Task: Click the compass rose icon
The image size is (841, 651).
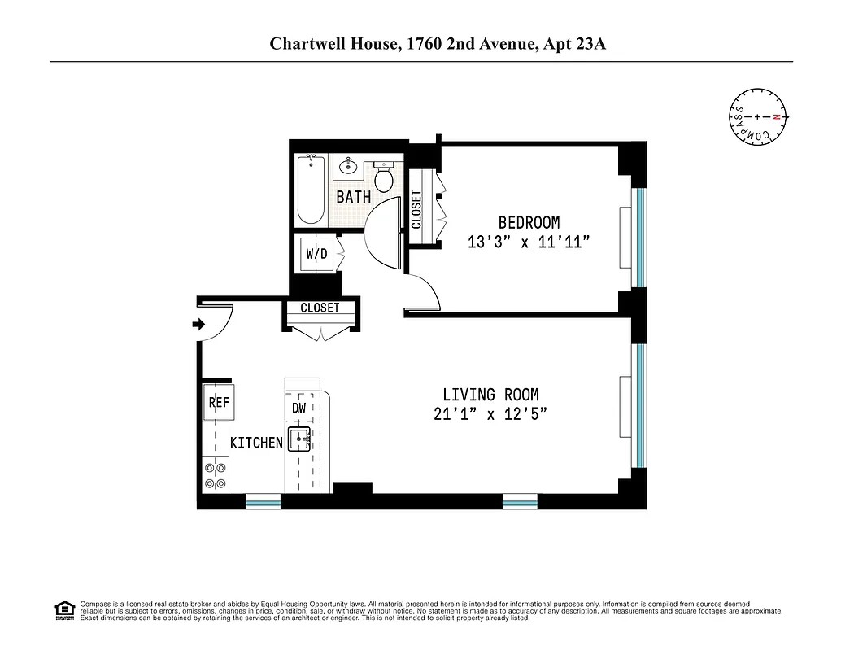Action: click(x=757, y=117)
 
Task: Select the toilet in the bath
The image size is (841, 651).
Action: click(x=385, y=177)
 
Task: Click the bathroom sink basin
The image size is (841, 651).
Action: click(x=348, y=166)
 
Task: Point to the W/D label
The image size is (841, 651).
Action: click(x=316, y=254)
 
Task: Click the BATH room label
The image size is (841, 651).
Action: click(x=354, y=197)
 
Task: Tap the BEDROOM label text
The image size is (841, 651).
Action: click(x=529, y=222)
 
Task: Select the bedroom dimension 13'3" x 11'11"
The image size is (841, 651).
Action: click(x=529, y=242)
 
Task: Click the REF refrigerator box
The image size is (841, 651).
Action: click(x=217, y=402)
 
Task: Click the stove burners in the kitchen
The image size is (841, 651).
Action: click(x=216, y=475)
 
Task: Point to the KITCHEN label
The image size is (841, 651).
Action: click(x=256, y=443)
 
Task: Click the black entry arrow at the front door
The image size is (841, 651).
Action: click(x=198, y=325)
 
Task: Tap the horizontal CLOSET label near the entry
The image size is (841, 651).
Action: click(x=320, y=308)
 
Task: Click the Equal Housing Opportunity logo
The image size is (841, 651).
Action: click(x=63, y=609)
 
